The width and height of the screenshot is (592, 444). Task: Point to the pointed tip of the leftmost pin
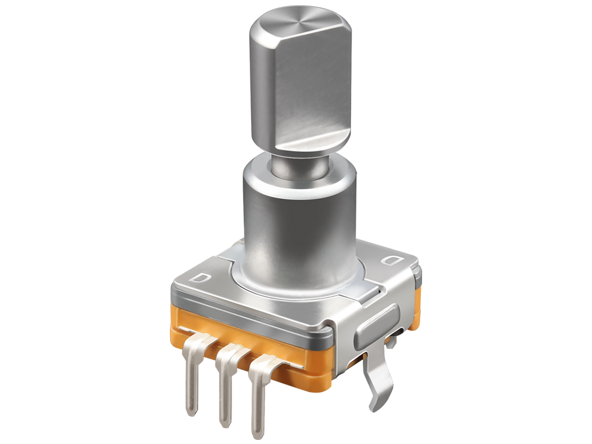pos(192,411)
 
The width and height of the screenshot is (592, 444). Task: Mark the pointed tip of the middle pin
pos(224,424)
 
